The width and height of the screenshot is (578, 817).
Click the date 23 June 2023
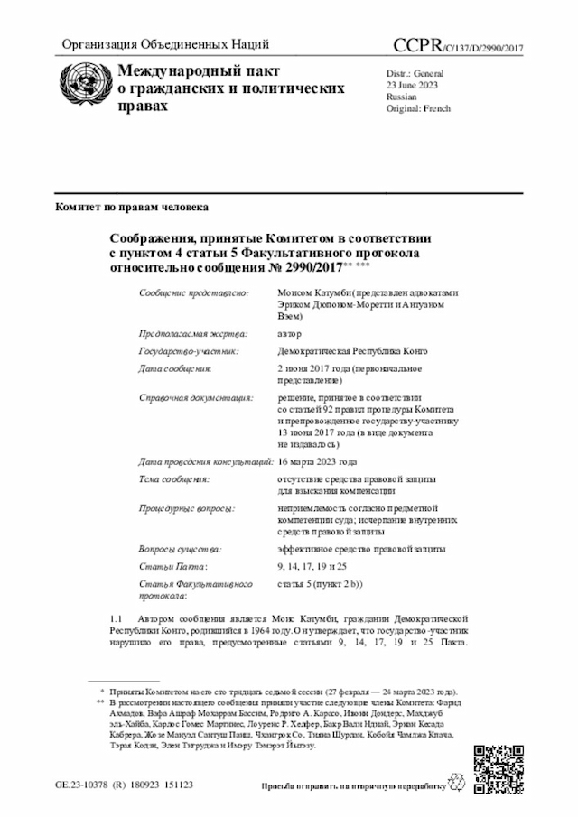point(413,85)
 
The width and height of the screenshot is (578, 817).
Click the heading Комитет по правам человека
point(132,208)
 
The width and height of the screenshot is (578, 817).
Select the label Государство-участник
point(189,351)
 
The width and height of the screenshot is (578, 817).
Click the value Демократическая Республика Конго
point(352,351)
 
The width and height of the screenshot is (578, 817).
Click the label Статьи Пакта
point(172,566)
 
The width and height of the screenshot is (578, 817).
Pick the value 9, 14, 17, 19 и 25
point(312,566)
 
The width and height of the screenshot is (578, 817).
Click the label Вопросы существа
point(180,549)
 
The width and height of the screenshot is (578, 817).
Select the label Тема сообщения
point(174,478)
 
